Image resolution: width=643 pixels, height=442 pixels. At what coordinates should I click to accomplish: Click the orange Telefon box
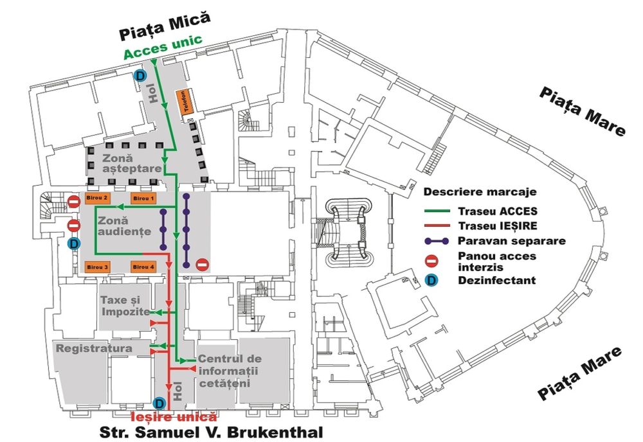click(185, 102)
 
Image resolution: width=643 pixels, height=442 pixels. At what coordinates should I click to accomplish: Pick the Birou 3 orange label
click(97, 266)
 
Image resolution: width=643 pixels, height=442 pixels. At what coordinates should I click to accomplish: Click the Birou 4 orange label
click(143, 266)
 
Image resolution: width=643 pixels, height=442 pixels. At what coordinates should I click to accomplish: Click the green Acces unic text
click(163, 49)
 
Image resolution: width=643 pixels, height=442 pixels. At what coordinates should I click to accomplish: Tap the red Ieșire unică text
click(174, 416)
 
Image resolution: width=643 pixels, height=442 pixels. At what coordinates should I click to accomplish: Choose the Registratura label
click(94, 348)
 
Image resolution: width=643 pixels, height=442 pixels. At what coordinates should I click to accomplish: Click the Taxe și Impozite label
click(125, 306)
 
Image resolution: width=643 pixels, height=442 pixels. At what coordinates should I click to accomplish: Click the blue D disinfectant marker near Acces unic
click(140, 76)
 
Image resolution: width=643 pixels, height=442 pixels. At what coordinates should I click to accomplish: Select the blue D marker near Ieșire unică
click(159, 403)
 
